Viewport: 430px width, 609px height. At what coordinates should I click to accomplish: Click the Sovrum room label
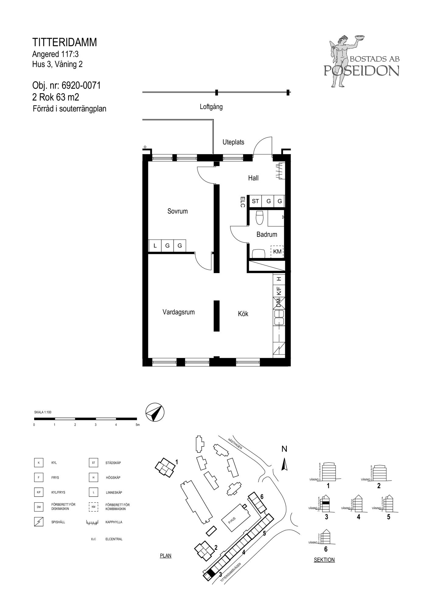point(177,211)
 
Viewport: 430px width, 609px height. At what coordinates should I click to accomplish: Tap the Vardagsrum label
point(178,312)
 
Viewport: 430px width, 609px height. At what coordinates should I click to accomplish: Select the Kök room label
point(243,313)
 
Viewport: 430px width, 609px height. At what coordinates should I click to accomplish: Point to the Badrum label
point(267,234)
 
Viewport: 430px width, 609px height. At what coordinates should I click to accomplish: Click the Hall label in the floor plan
point(253,178)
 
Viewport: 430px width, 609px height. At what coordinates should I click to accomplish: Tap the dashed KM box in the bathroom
point(277,252)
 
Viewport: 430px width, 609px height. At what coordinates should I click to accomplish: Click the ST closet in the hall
point(255,201)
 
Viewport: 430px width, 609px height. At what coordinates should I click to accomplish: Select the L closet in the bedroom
point(155,245)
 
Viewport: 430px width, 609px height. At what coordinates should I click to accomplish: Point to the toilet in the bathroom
point(260,217)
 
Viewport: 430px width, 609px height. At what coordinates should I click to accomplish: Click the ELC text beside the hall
point(243,202)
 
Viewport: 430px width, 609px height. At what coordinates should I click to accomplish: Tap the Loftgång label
point(211,107)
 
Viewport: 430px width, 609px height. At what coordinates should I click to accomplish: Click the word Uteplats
point(233,142)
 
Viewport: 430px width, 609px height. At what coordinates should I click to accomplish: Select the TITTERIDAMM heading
point(65,42)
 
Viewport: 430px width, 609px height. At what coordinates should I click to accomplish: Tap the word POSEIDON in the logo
point(361,71)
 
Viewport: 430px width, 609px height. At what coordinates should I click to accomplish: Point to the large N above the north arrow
point(284,449)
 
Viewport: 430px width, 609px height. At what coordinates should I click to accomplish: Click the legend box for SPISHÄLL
point(39,522)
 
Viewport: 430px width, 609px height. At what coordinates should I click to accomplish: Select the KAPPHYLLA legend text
point(114,522)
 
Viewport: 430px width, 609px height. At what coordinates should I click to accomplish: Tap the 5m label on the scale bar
point(138,425)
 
